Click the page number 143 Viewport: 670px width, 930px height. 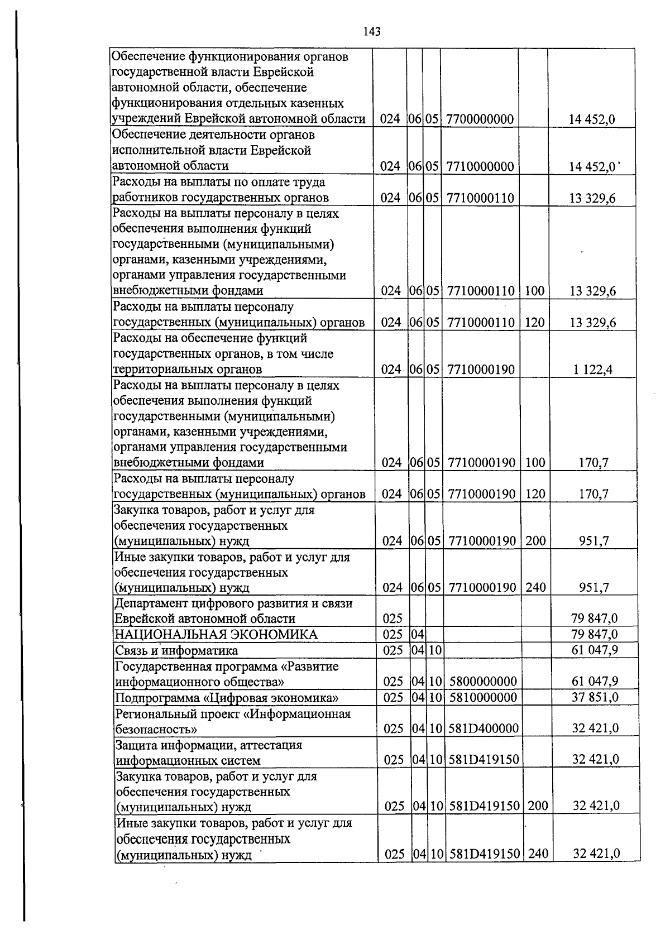(371, 32)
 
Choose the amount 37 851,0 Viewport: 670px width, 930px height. (595, 697)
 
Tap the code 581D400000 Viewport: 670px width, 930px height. (484, 728)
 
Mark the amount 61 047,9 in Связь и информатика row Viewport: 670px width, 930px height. (595, 650)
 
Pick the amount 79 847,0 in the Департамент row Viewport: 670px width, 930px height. (595, 619)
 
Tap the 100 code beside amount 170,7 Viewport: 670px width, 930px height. (535, 463)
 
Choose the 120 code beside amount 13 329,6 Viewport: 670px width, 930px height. (534, 323)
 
